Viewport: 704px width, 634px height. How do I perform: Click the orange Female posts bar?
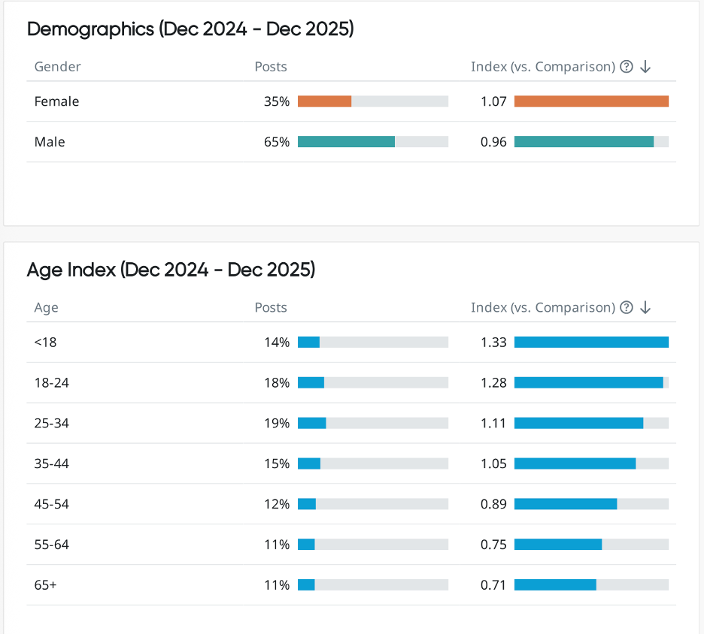(324, 101)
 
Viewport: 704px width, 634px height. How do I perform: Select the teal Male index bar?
(584, 142)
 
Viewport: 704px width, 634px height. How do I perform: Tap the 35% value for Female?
(276, 101)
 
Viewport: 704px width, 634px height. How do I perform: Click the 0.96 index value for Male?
(493, 142)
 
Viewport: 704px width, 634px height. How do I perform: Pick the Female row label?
(56, 101)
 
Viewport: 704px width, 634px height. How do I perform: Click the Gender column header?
(57, 66)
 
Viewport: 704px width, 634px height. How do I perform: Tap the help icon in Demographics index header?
(627, 66)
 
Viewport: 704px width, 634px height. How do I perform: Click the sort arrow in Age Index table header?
(645, 307)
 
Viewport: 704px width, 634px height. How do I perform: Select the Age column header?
(46, 307)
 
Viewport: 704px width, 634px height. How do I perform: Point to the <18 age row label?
(45, 343)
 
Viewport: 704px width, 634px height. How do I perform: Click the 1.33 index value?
(493, 343)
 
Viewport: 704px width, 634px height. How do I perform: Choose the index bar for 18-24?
(588, 383)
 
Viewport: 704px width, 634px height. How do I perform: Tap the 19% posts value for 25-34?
(276, 424)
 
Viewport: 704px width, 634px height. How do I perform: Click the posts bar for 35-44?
(309, 464)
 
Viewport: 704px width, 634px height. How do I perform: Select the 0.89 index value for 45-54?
(493, 505)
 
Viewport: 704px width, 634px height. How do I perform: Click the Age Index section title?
(171, 270)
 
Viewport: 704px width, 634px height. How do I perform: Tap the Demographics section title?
(190, 29)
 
